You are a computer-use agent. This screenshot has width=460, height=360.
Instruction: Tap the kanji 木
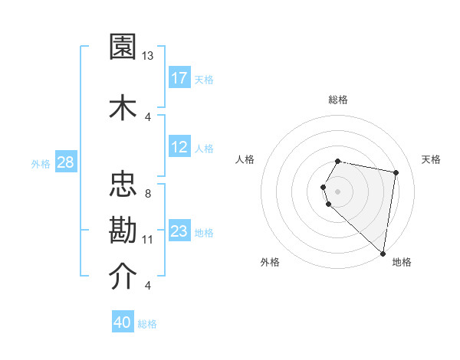(x=123, y=106)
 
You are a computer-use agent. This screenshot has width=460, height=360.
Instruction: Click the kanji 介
(x=123, y=277)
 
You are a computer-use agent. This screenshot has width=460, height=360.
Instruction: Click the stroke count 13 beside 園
(x=148, y=56)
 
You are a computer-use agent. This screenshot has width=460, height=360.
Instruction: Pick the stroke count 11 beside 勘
(x=148, y=239)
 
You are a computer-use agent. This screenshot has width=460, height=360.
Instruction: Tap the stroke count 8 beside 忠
(x=147, y=193)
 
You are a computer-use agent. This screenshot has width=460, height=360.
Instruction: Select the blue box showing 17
(x=179, y=78)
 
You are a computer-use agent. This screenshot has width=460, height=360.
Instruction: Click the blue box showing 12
(x=179, y=147)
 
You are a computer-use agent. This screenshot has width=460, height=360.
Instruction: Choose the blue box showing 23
(x=179, y=231)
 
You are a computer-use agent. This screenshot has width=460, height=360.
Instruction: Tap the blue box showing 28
(x=65, y=162)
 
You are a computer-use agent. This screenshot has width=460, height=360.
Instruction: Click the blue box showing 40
(x=123, y=322)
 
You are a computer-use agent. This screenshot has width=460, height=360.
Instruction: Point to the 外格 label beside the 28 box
(x=40, y=163)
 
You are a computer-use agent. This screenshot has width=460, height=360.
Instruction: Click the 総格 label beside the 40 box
(x=147, y=324)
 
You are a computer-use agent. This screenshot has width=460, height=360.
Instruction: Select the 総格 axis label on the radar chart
(x=338, y=100)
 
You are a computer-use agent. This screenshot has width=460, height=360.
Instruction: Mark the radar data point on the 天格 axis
(x=396, y=172)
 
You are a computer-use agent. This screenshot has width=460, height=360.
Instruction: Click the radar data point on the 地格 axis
(x=383, y=254)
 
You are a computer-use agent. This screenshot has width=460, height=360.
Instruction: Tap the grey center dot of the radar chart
(x=338, y=191)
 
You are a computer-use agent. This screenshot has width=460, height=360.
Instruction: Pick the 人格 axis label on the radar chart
(x=245, y=159)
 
